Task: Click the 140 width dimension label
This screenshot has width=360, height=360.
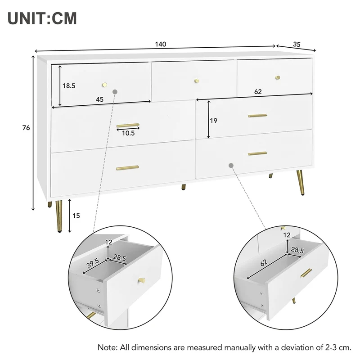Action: pos(161,44)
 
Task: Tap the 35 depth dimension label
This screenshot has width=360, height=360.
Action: pos(297,44)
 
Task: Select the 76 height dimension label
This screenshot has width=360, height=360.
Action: pos(26,128)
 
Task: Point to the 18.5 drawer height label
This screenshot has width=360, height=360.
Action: pos(69,86)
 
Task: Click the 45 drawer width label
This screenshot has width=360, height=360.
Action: pos(99,99)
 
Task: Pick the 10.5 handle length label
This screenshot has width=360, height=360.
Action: pos(128,133)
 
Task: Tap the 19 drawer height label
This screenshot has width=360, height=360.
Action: pos(213,121)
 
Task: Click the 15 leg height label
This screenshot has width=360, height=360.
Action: pos(76,216)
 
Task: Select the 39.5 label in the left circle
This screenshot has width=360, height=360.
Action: pos(93,263)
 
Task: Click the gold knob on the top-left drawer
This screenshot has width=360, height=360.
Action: pos(105,85)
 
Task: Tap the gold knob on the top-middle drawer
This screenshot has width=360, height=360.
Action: pos(197,81)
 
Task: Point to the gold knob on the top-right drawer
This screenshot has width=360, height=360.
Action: pos(278,77)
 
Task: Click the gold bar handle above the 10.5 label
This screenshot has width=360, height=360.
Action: pos(128,126)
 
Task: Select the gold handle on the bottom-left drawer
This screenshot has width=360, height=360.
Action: pos(127,168)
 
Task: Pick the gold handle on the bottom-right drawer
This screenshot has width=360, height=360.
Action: pos(257,153)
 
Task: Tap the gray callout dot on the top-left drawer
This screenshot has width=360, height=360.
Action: pos(115,92)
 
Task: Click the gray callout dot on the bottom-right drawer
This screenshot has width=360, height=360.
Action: pos(231,165)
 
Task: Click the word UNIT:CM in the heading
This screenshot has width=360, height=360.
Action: pos(42,18)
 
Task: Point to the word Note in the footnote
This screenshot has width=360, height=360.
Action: pos(107,347)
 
